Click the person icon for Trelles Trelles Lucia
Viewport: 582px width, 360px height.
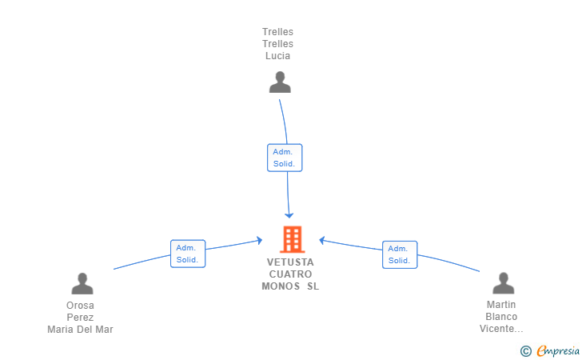[280, 82]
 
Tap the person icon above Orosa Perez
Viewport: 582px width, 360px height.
[82, 283]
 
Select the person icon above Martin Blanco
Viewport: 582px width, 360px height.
[504, 283]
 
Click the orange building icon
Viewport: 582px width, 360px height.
[293, 239]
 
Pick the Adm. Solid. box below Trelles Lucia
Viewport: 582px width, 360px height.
[285, 158]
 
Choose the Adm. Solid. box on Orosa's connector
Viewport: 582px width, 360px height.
[188, 254]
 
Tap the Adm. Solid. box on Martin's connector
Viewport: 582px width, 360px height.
[400, 255]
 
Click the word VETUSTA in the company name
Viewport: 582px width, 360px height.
[290, 262]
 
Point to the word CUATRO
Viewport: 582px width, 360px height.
[290, 274]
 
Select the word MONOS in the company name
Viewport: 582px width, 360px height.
[281, 286]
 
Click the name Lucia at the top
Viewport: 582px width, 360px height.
[277, 56]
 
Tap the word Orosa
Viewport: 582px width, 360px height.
[80, 306]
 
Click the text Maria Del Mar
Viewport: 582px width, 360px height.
[80, 330]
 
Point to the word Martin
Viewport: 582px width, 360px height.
[501, 305]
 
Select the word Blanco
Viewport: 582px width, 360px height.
[501, 317]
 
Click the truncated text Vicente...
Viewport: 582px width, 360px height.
[501, 329]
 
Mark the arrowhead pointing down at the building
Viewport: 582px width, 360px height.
[289, 215]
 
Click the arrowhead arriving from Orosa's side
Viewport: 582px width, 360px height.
[260, 240]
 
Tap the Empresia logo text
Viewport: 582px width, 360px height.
[558, 350]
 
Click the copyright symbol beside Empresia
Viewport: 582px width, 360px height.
[526, 351]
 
